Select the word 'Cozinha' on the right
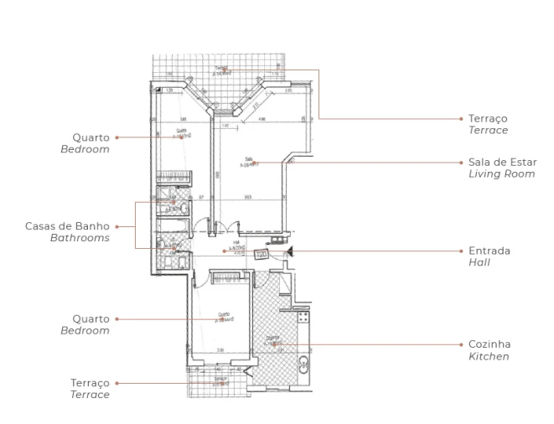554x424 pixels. pyautogui.click(x=489, y=344)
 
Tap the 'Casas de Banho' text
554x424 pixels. pyautogui.click(x=68, y=226)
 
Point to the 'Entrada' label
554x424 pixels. pyautogui.click(x=489, y=251)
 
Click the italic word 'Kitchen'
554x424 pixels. pyautogui.click(x=489, y=357)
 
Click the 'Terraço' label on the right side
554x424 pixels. pyautogui.click(x=488, y=119)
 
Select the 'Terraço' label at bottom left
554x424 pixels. pyautogui.click(x=91, y=382)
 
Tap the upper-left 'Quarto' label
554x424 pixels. pyautogui.click(x=91, y=137)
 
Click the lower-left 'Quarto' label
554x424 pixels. pyautogui.click(x=91, y=318)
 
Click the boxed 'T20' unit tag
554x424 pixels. pyautogui.click(x=261, y=254)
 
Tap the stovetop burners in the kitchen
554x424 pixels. pyautogui.click(x=303, y=318)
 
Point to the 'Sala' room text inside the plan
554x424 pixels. pyautogui.click(x=249, y=159)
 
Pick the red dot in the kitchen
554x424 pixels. pyautogui.click(x=277, y=343)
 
